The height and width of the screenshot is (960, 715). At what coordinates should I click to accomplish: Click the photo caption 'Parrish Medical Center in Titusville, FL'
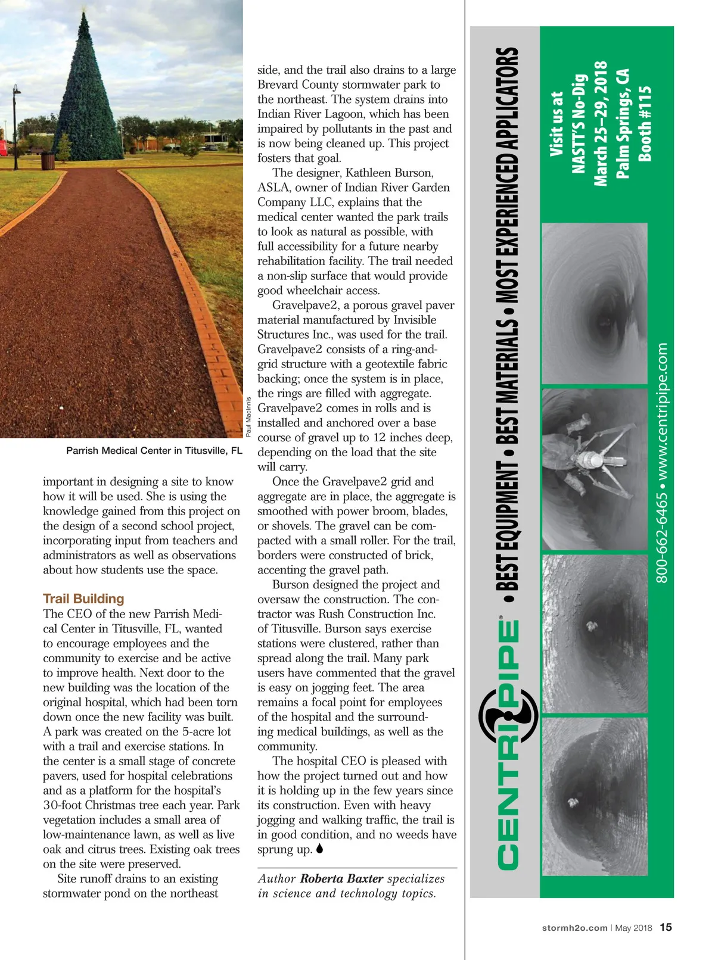[154, 451]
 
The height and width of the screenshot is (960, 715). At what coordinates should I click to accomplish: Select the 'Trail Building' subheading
[83, 599]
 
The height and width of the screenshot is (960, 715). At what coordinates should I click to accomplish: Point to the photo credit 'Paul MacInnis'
[249, 416]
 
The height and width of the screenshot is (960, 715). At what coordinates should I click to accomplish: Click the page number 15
[666, 927]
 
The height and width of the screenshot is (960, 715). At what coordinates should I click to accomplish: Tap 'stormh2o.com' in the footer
[574, 928]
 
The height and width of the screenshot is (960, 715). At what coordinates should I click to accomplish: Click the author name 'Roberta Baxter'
[341, 878]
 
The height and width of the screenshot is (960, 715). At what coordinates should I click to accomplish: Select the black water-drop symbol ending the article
[319, 849]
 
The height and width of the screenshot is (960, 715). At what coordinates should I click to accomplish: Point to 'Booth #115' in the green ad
[645, 124]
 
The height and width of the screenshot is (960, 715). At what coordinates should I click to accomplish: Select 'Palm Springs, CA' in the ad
[623, 124]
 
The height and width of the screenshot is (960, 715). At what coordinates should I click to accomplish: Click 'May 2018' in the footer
[633, 928]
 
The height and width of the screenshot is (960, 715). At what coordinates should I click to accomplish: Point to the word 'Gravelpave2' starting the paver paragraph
[303, 306]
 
